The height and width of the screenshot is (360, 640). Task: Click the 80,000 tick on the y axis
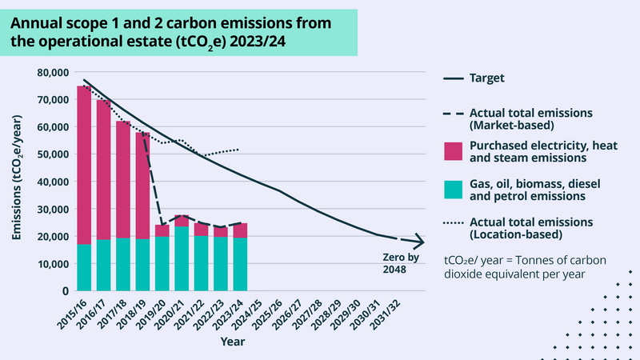(x=51, y=72)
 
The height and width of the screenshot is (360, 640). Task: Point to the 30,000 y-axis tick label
(x=51, y=209)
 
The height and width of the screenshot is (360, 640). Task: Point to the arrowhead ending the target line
(x=418, y=242)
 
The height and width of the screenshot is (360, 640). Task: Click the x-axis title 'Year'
(x=233, y=341)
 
